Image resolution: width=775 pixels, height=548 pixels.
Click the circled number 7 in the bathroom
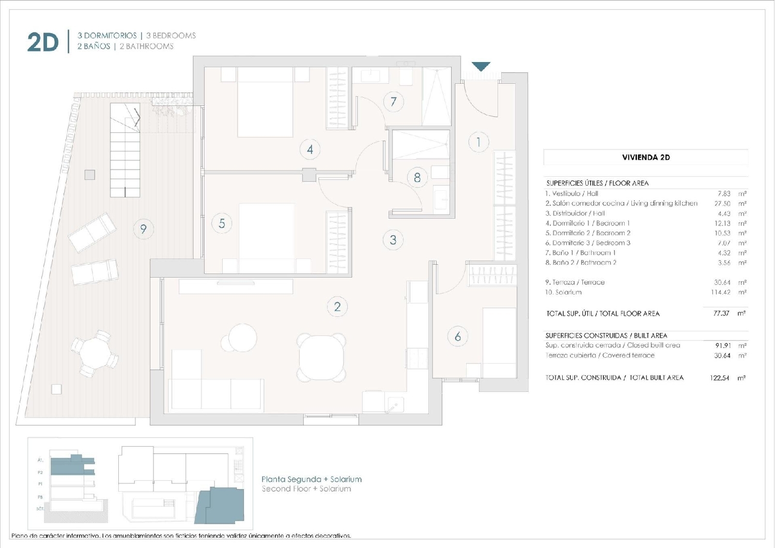393,101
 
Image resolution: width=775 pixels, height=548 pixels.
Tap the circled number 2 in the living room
337,307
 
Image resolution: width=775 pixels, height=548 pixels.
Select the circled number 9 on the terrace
143,229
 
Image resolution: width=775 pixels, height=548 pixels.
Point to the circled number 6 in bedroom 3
457,337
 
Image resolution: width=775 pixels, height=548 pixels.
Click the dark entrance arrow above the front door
481,67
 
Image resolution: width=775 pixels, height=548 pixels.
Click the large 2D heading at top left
42,42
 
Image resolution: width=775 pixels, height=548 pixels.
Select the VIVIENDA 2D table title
646,157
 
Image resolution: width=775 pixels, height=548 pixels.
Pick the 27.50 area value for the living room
722,204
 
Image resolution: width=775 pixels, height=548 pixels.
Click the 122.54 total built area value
719,378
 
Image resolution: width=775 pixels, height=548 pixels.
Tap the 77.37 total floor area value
722,313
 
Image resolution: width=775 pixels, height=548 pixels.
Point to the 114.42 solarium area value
720,292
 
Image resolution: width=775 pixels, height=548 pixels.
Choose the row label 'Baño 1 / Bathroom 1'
581,253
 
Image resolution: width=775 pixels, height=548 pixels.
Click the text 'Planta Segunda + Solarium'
311,479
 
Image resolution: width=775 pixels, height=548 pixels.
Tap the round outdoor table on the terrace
95,353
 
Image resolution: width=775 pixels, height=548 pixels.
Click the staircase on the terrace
125,150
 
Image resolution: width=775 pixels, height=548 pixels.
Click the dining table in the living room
321,357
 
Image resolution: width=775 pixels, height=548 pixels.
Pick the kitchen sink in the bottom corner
395,403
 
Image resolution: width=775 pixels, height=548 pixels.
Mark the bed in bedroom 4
265,102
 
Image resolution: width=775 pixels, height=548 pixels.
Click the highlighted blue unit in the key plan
222,504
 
